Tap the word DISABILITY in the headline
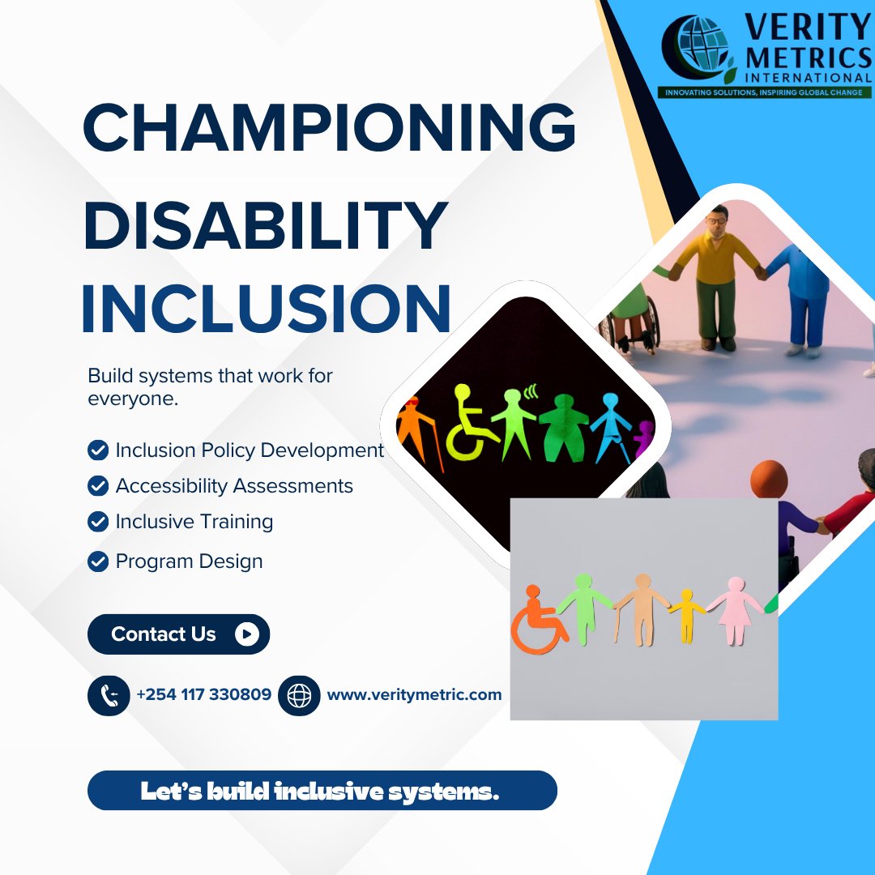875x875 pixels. (x=265, y=227)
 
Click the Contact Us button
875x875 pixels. (x=178, y=634)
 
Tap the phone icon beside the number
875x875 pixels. (x=109, y=695)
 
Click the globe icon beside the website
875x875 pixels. (x=299, y=695)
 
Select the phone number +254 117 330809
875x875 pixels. (x=204, y=694)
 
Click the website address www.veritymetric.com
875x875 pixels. (x=414, y=694)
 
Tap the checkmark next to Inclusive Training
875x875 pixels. (x=98, y=522)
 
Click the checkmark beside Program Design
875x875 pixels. (x=98, y=561)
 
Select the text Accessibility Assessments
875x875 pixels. (x=234, y=486)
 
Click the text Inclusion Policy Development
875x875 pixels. (x=250, y=450)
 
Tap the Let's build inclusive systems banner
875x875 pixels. (x=322, y=791)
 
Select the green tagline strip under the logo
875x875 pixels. (x=765, y=92)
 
